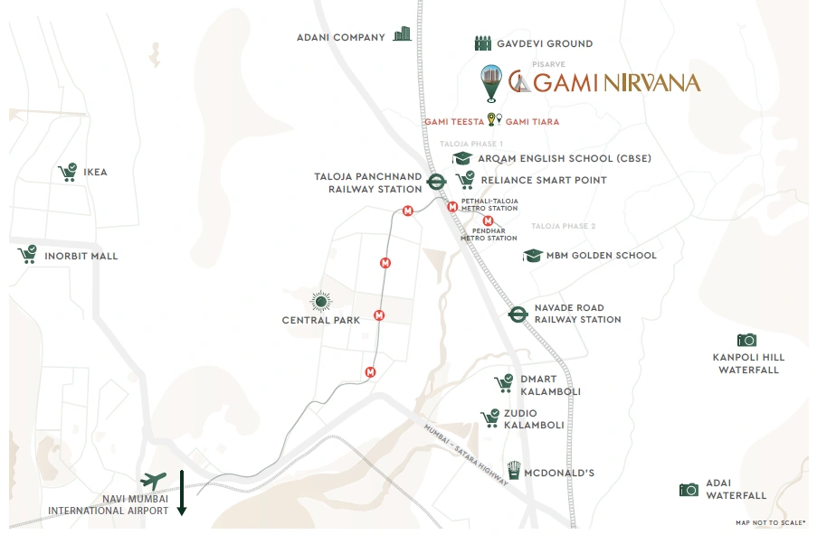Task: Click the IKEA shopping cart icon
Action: coord(67,172)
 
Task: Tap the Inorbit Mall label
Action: coord(81,256)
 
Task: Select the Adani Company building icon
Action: coord(402,34)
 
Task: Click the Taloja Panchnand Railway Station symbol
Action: coord(435,181)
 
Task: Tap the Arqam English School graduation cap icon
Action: coord(463,158)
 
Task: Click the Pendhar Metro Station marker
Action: coord(488,220)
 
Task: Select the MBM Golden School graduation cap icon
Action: coord(533,256)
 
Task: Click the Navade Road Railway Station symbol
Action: coord(518,314)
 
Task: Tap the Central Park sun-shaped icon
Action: coord(320,301)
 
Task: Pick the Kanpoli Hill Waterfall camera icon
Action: coord(746,340)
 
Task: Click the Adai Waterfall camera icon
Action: coord(689,489)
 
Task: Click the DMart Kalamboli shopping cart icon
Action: coord(504,383)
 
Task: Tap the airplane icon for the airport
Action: coord(155,481)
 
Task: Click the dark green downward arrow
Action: coord(182,492)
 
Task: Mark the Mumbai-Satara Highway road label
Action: coord(466,456)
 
